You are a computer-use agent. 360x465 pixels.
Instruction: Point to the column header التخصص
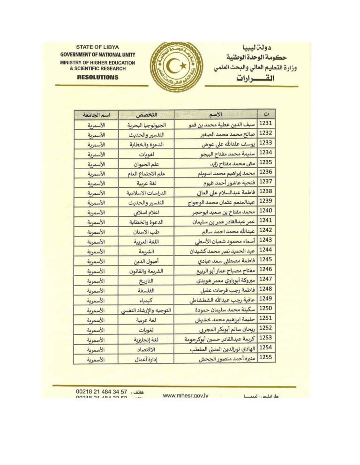pyautogui.click(x=145, y=115)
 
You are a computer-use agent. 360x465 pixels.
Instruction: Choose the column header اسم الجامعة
pyautogui.click(x=96, y=115)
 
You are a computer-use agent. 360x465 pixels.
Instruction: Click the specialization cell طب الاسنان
pyautogui.click(x=145, y=231)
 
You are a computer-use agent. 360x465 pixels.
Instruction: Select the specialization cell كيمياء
pyautogui.click(x=145, y=300)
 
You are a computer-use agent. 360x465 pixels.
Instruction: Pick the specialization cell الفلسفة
pyautogui.click(x=145, y=290)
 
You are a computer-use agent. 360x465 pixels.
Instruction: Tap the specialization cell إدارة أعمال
pyautogui.click(x=145, y=359)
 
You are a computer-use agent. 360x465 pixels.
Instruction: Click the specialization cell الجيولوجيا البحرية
pyautogui.click(x=145, y=125)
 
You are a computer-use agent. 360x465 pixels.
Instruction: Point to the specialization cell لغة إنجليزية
pyautogui.click(x=145, y=339)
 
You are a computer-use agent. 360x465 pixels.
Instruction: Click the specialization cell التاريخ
pyautogui.click(x=145, y=280)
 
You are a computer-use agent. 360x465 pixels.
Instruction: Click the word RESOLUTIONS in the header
pyautogui.click(x=97, y=77)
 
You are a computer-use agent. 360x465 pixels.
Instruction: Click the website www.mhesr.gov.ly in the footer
pyautogui.click(x=185, y=396)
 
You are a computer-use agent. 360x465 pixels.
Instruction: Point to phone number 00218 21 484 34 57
pyautogui.click(x=101, y=391)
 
